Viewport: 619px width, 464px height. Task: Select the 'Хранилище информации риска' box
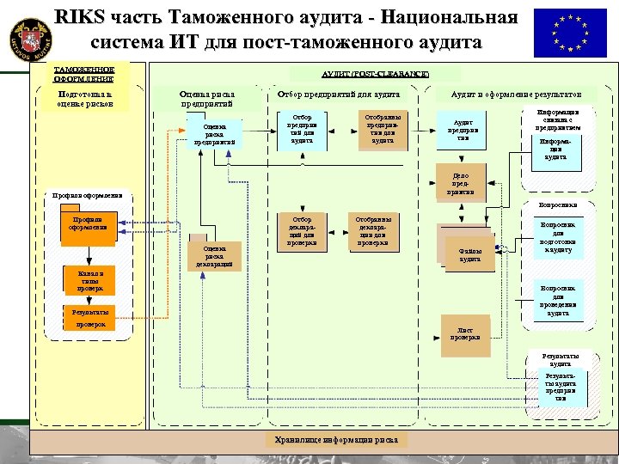tap(336, 439)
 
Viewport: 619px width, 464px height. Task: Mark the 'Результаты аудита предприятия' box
tap(560, 388)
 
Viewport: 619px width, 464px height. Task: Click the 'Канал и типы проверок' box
tap(89, 280)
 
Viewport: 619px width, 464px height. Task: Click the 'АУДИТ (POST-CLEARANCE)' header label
tap(375, 75)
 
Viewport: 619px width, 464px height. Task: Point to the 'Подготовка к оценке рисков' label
tap(85, 98)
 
